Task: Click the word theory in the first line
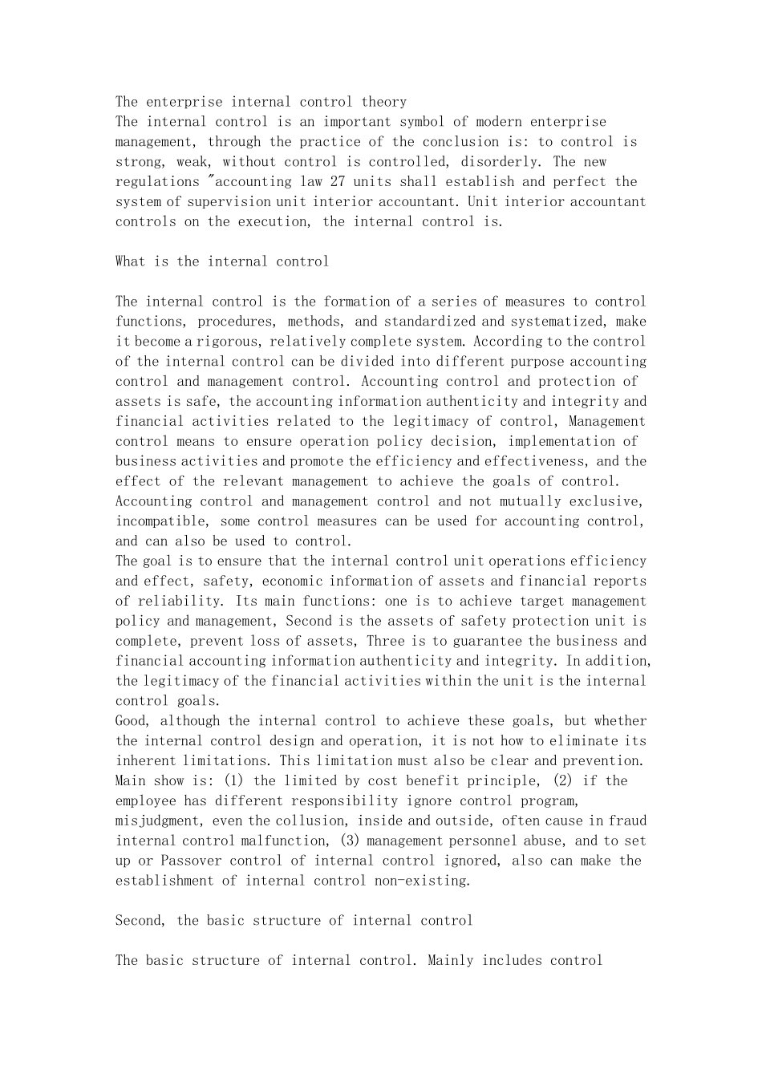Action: pyautogui.click(x=383, y=102)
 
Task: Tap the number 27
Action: pyautogui.click(x=338, y=182)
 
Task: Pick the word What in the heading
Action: pyautogui.click(x=131, y=261)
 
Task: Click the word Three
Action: pyautogui.click(x=385, y=642)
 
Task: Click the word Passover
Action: pyautogui.click(x=190, y=861)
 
